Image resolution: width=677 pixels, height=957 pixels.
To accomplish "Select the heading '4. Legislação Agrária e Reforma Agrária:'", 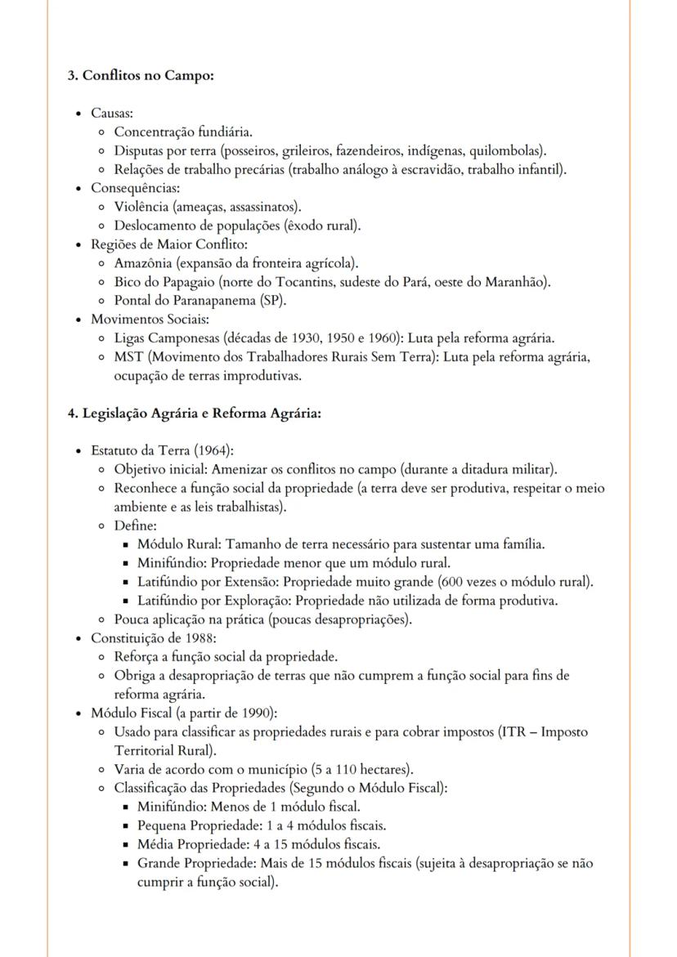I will tap(193, 414).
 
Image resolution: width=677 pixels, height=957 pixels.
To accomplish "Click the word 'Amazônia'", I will tap(141, 263).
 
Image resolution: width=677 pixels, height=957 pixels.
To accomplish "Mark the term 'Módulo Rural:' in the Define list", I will tap(180, 544).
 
